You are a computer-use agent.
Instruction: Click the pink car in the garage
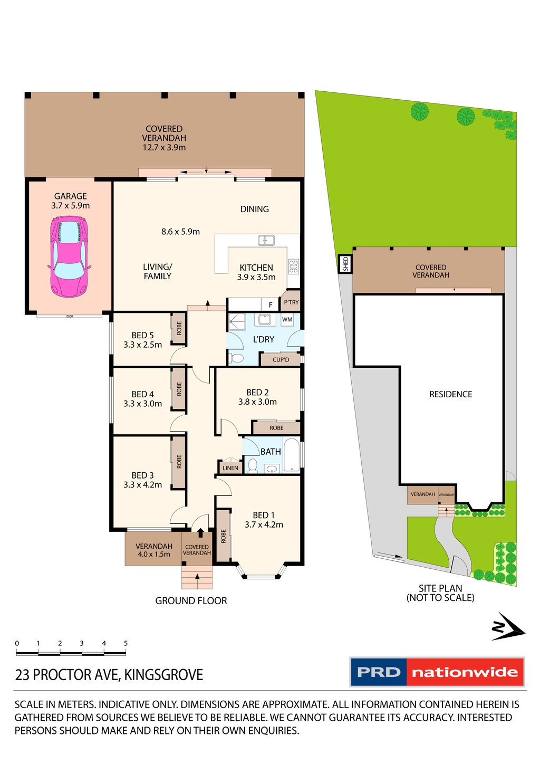coord(70,256)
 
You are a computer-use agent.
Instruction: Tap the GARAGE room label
coord(70,196)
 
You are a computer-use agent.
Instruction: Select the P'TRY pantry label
coord(291,302)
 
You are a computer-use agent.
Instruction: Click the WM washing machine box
coord(287,320)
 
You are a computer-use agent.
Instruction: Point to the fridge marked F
coord(271,304)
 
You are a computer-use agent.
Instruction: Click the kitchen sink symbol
coord(266,240)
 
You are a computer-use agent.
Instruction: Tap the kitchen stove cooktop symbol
coord(293,266)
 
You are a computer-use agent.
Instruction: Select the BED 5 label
coord(142,335)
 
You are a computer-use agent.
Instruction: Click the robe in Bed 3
coord(179,462)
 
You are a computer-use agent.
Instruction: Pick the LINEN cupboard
coord(230,467)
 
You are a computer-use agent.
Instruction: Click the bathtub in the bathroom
coord(292,455)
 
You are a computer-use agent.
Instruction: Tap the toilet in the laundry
coord(236,358)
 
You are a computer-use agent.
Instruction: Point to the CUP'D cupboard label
coord(281,360)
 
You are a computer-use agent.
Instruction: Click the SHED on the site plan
coord(345,264)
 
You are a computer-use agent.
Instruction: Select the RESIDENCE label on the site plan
coord(450,394)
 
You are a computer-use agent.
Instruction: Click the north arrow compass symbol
coord(508,627)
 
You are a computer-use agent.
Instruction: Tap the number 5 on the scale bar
coord(126,643)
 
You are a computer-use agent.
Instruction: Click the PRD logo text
coord(379,672)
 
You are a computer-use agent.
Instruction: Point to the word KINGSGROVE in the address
coord(163,675)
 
